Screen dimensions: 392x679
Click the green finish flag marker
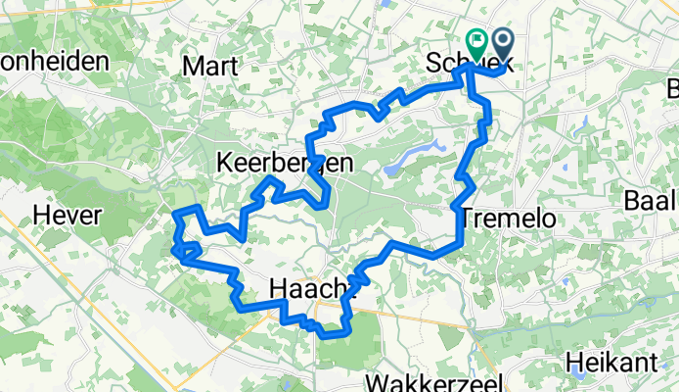click(477, 43)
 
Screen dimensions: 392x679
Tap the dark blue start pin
click(504, 43)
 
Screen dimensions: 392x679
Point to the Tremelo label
click(508, 218)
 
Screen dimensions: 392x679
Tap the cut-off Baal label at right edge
click(651, 201)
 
